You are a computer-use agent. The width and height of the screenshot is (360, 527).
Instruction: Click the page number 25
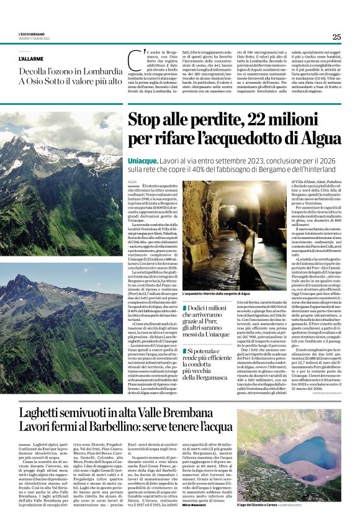[336, 37]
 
